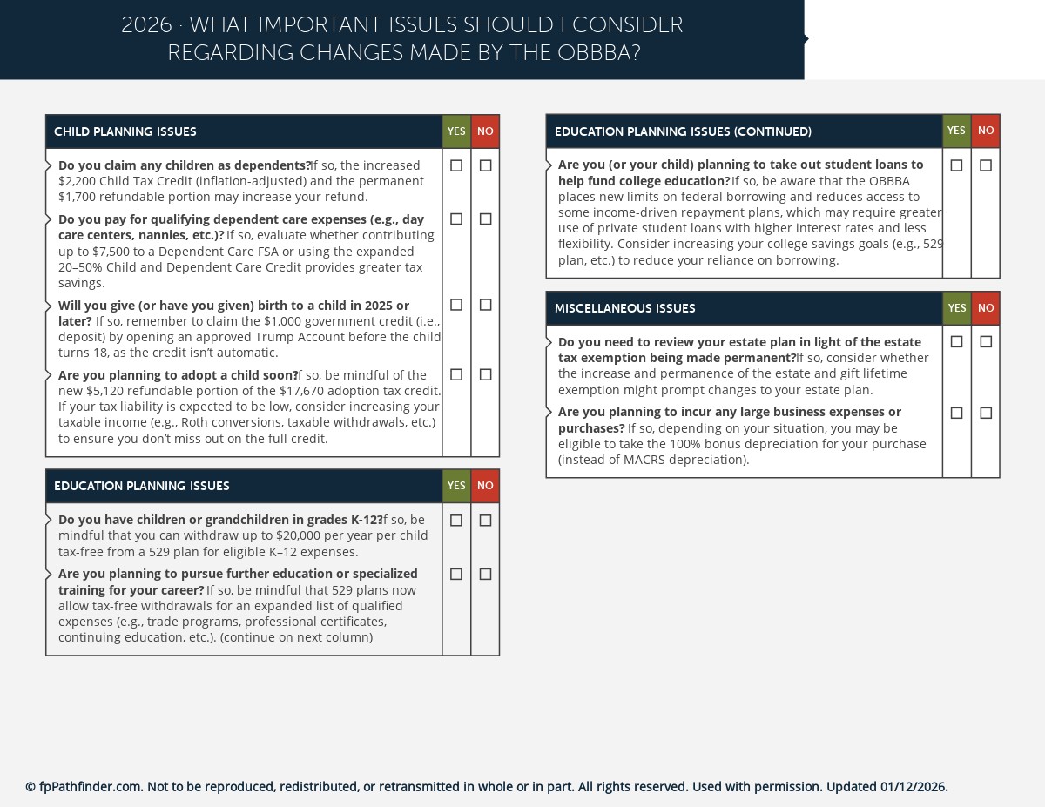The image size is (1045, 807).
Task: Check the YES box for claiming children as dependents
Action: click(x=456, y=165)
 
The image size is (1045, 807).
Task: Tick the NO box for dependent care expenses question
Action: click(x=485, y=219)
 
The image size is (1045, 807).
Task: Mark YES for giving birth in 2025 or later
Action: click(x=456, y=305)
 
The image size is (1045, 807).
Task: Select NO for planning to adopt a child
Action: click(x=485, y=374)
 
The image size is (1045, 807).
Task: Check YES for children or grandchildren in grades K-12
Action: click(x=456, y=521)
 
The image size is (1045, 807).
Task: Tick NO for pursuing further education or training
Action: click(x=485, y=575)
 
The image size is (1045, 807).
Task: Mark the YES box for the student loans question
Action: click(x=956, y=165)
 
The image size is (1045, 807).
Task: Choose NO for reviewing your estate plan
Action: click(x=986, y=342)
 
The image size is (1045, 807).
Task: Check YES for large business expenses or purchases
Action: click(x=956, y=413)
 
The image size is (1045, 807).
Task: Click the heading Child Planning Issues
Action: click(x=125, y=132)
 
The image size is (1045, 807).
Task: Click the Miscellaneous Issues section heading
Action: click(x=624, y=309)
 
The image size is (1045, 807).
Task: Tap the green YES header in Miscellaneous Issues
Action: click(x=956, y=308)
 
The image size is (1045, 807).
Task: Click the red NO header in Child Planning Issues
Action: click(x=485, y=131)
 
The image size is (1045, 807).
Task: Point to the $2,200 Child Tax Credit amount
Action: click(x=76, y=181)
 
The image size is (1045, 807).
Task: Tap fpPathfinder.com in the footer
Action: click(x=90, y=787)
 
